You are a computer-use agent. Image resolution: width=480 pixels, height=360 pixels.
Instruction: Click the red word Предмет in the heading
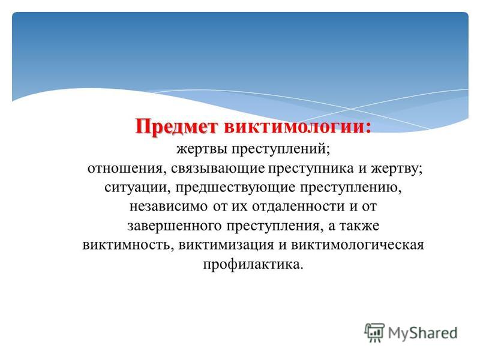pos(176,127)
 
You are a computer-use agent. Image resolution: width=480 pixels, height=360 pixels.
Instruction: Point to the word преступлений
pos(281,149)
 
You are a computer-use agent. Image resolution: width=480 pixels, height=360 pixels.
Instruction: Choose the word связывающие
pos(218,169)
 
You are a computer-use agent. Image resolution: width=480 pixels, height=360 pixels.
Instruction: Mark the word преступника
pos(311,169)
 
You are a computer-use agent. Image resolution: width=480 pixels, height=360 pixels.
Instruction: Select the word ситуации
pos(137,188)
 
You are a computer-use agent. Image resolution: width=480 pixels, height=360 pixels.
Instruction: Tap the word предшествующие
pos(235,188)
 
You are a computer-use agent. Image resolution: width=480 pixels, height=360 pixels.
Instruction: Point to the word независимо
pos(169,206)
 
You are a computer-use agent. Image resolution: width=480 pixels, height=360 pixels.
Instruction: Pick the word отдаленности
pos(298,206)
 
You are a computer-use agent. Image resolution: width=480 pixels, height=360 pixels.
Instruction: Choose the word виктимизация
pos(226,245)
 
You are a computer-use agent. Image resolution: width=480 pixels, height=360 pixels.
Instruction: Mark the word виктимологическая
pos(357,245)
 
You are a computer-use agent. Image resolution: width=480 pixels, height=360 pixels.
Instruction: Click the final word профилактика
pos(253,265)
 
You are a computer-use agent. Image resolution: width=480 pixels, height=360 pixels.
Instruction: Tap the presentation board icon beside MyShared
pos(374,332)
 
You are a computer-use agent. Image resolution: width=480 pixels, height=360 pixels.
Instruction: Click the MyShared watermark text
pos(422,333)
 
